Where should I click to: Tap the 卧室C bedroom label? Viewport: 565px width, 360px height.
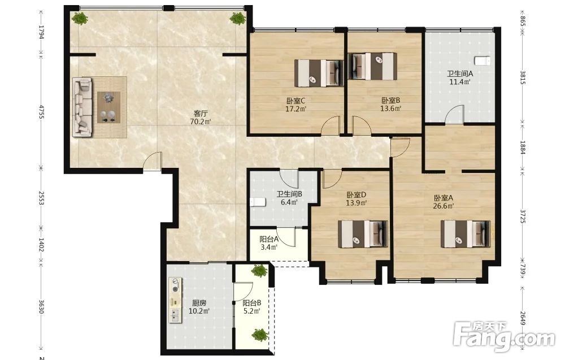tap(296, 101)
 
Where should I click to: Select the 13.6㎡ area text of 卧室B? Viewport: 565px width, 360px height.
tap(391, 109)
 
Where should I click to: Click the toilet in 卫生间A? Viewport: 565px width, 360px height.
tap(482, 61)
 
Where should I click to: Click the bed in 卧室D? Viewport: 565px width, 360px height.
tap(363, 234)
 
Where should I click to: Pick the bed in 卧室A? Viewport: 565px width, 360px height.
tap(466, 234)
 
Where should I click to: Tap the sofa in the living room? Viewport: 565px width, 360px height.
tap(82, 108)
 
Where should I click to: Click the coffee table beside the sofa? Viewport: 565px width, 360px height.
tap(108, 107)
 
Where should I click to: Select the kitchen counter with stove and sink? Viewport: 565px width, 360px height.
tap(176, 300)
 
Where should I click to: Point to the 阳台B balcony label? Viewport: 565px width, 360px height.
tap(251, 303)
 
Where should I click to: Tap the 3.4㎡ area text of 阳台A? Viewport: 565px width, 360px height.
tap(269, 247)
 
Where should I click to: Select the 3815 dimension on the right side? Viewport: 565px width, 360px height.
tap(523, 77)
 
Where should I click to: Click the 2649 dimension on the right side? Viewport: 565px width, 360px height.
tap(523, 318)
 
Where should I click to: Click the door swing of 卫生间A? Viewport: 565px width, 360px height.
tap(455, 114)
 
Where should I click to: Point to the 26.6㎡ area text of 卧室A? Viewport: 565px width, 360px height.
tap(443, 206)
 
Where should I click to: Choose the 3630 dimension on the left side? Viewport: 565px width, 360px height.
tap(41, 306)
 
